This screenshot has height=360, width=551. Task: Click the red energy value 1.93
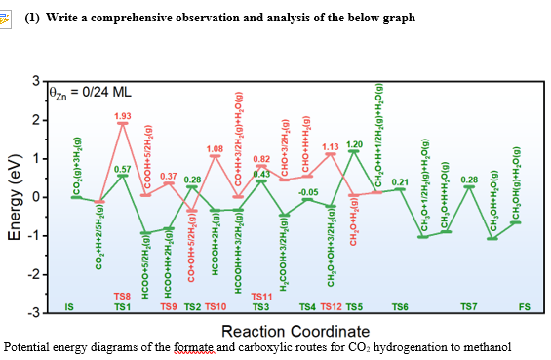(x=122, y=116)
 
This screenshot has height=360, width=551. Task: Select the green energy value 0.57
(x=122, y=169)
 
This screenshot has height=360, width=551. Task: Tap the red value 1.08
(x=216, y=148)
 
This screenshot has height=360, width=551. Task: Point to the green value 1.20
(x=354, y=144)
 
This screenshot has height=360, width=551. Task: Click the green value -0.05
(x=308, y=192)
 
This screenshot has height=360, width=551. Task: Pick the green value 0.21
(x=399, y=181)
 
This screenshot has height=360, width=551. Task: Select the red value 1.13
(x=331, y=146)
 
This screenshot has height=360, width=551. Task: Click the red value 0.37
(x=169, y=176)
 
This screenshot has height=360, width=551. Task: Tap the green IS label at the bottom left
(x=68, y=307)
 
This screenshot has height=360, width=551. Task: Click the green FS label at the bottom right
(x=524, y=307)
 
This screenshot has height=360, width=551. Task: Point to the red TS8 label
(x=122, y=296)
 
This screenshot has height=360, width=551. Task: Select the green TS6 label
(x=399, y=307)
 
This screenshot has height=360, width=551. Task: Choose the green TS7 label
(x=469, y=307)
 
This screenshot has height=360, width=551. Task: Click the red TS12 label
(x=331, y=307)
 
